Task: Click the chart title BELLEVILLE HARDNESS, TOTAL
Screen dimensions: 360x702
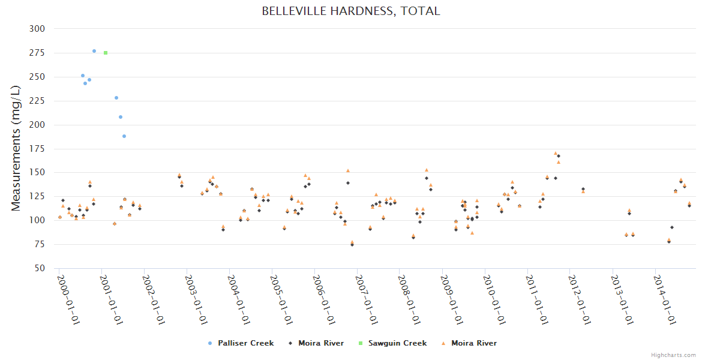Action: pos(351,11)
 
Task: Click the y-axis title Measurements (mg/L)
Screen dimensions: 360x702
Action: pos(16,148)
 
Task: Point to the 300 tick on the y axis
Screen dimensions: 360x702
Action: pos(37,29)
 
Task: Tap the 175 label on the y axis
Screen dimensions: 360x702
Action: pos(37,149)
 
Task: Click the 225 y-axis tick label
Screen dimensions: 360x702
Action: pos(37,101)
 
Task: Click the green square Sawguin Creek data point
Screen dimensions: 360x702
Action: pos(106,53)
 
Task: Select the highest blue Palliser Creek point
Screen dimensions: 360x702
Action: pos(94,51)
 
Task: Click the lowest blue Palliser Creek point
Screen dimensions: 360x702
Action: pos(124,136)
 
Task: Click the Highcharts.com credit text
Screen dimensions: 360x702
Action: pos(674,355)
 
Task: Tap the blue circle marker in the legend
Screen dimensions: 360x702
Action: pos(209,343)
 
